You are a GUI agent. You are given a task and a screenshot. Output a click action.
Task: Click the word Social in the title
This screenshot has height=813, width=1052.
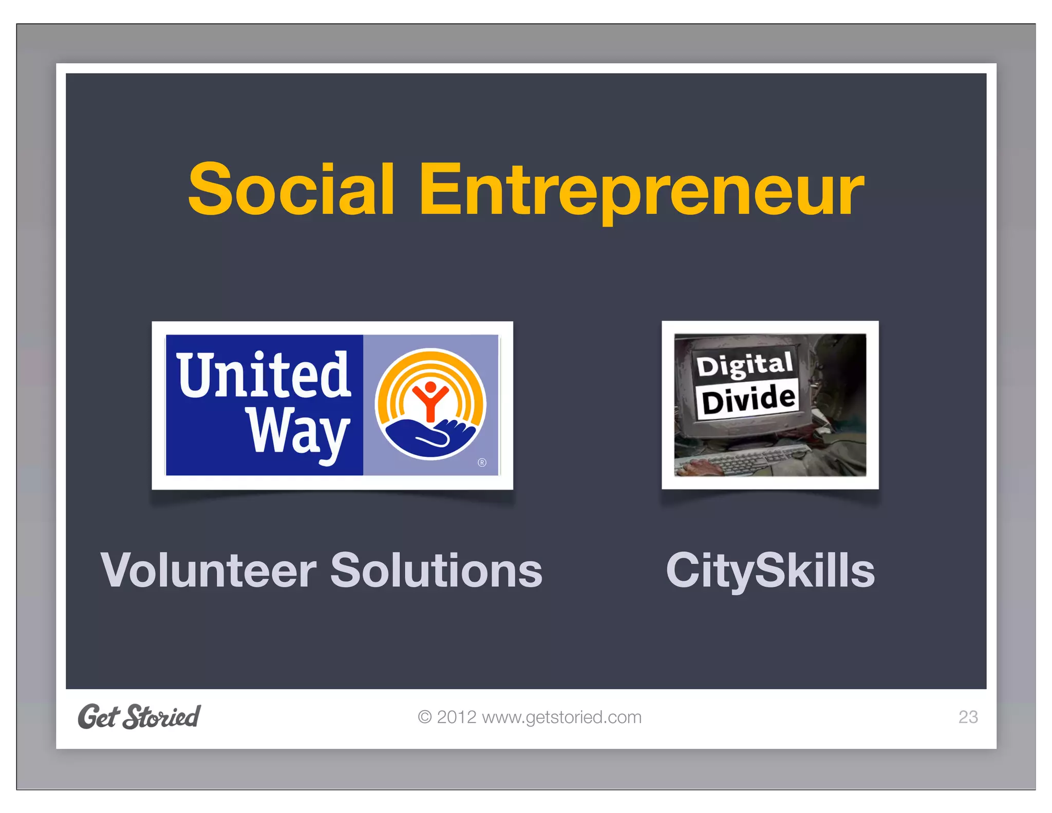click(x=291, y=189)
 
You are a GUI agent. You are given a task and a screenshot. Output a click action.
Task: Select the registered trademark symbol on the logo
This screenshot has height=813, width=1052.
click(x=482, y=463)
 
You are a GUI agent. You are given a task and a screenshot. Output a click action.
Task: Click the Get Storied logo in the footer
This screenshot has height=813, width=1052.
click(x=139, y=716)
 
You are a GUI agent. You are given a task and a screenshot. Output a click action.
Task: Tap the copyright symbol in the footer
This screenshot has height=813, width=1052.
click(x=424, y=717)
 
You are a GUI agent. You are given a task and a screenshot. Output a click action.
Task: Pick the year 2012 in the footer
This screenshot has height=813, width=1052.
click(x=457, y=717)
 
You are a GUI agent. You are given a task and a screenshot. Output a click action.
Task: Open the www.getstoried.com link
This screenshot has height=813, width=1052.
click(x=561, y=717)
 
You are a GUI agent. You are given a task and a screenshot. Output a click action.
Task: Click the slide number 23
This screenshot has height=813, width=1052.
click(x=968, y=717)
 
